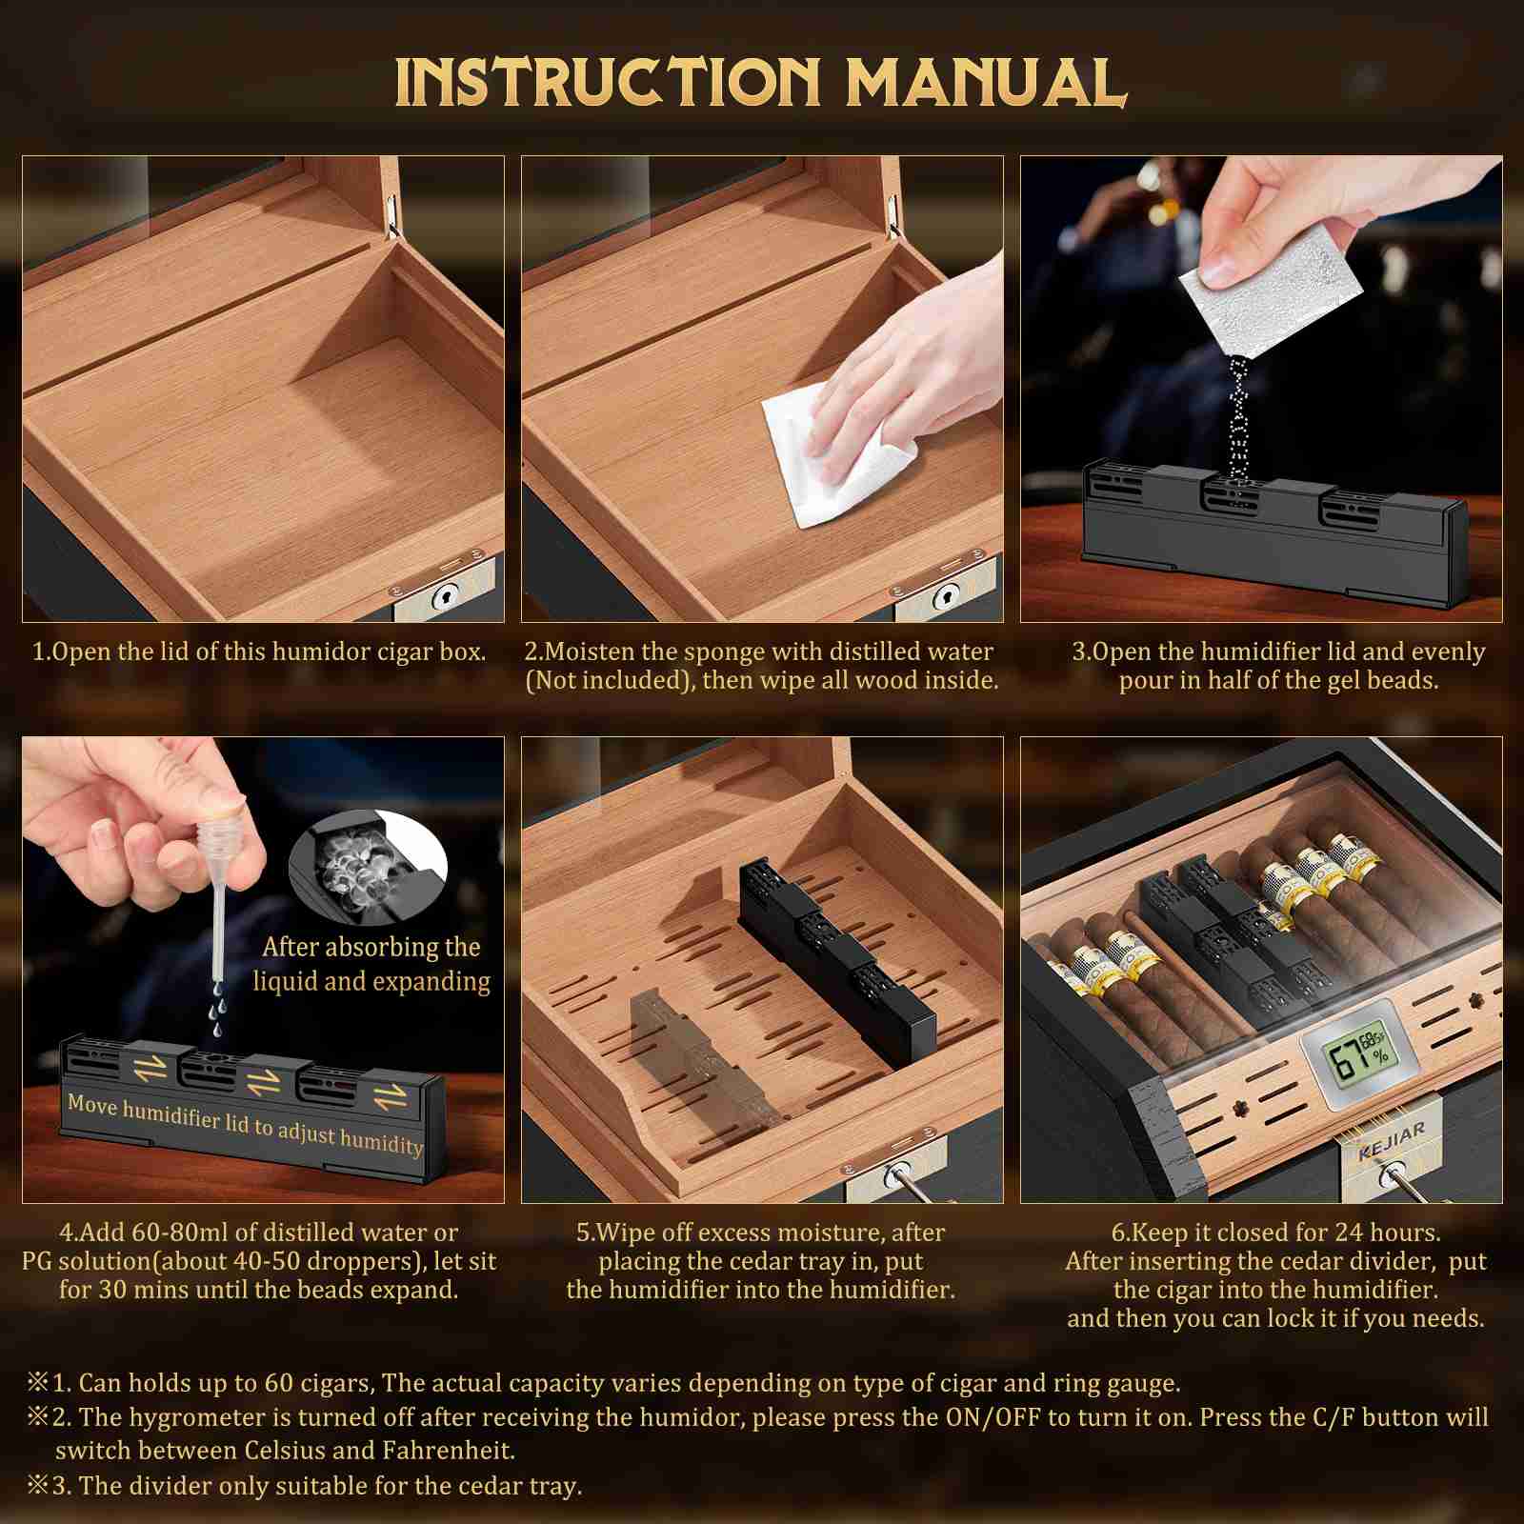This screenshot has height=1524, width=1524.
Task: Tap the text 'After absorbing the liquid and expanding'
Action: pos(372,963)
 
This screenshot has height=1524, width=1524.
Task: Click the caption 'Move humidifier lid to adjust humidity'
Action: pos(245,1125)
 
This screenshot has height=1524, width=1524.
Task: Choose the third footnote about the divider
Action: pos(305,1486)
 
